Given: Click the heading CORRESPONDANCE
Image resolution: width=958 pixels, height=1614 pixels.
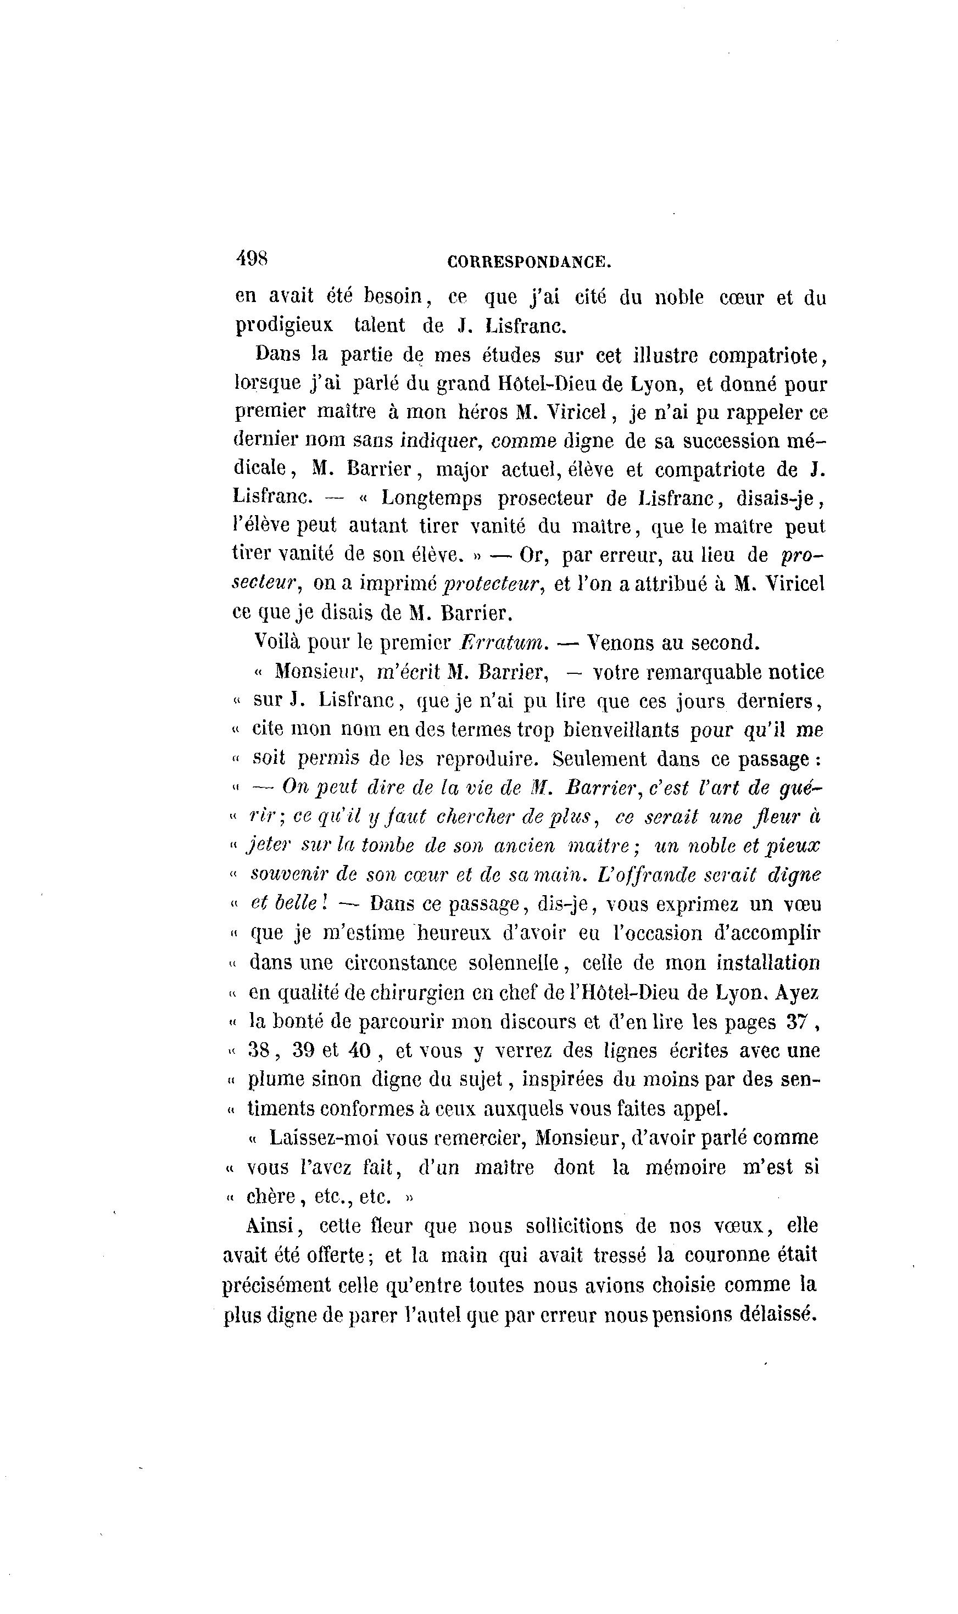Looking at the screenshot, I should point(528,262).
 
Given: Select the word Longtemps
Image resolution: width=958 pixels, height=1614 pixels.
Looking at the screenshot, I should point(432,498).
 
